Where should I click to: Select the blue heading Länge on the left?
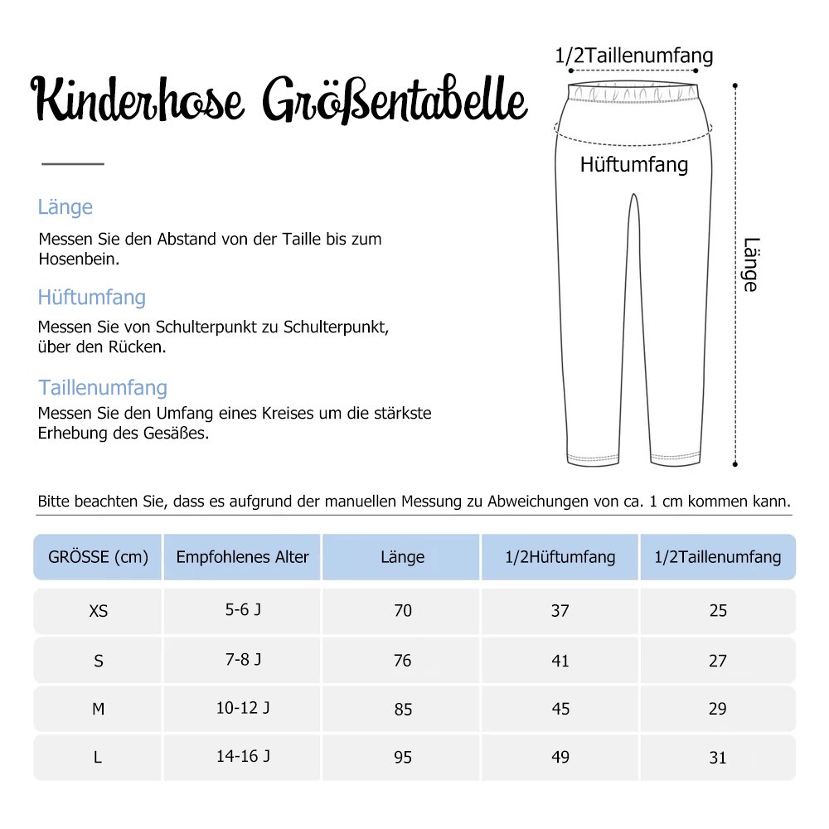(65, 207)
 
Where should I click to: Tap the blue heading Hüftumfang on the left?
(91, 298)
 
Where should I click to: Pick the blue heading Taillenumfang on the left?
(102, 388)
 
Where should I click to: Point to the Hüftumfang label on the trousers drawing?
(633, 164)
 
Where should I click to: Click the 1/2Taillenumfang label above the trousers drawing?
(633, 56)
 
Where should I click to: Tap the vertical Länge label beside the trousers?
(749, 265)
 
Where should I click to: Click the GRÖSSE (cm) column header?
(98, 557)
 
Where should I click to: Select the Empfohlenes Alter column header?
(242, 557)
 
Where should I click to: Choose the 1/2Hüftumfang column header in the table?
(560, 557)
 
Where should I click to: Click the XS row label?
(98, 611)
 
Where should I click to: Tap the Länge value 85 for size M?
(402, 710)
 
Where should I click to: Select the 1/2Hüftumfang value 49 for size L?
(560, 758)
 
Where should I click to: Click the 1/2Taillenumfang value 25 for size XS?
(718, 611)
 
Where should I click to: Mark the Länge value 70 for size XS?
(402, 611)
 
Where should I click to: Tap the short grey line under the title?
(73, 163)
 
